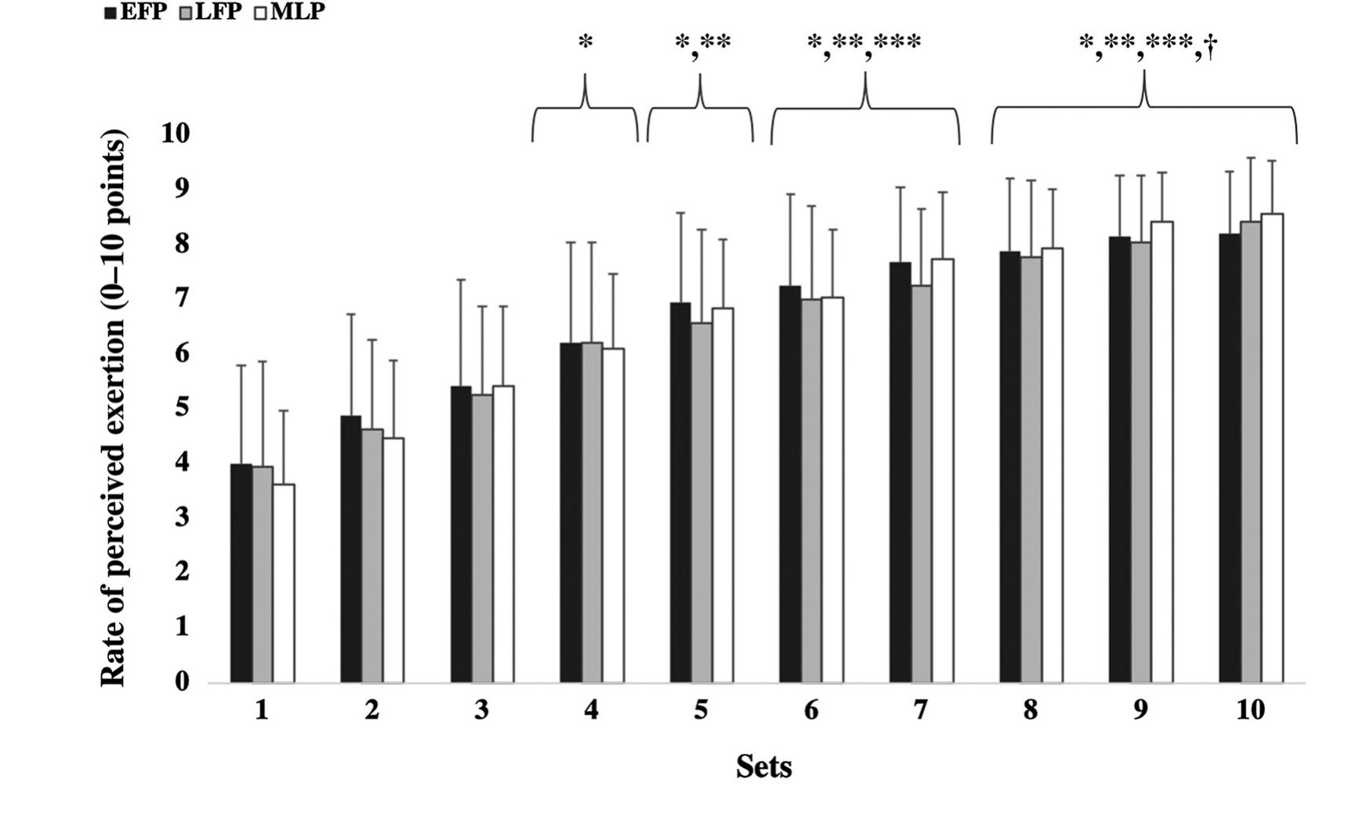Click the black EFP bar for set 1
click(241, 573)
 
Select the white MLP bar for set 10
click(1272, 447)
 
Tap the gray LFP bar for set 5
click(701, 502)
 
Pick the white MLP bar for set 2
click(393, 560)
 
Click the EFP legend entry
click(136, 12)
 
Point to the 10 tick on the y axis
click(176, 133)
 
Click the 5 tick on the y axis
click(182, 407)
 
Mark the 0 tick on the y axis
click(182, 681)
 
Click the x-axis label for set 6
click(811, 710)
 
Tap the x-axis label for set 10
click(1250, 710)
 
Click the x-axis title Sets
click(763, 766)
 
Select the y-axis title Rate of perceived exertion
click(114, 407)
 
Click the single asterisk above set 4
click(585, 42)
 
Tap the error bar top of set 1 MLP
click(284, 411)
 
